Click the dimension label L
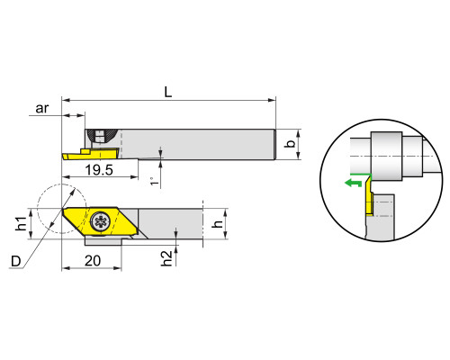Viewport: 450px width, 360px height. (168, 92)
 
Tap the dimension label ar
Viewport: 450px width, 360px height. (42, 108)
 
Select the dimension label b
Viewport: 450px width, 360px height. (290, 144)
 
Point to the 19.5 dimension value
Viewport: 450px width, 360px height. (99, 170)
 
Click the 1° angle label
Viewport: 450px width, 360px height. (154, 181)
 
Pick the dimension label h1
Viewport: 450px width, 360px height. (22, 223)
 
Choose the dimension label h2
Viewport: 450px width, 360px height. (166, 258)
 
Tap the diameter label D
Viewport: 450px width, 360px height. (16, 261)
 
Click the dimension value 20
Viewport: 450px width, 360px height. (93, 261)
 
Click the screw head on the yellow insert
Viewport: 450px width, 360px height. (101, 221)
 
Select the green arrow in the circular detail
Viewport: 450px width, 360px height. (353, 183)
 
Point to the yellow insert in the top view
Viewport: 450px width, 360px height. (91, 154)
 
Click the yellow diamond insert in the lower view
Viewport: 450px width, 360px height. (101, 221)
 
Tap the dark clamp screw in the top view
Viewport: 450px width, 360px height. (100, 136)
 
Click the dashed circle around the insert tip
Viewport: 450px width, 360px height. (38, 209)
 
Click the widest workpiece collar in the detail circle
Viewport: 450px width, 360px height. (386, 156)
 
